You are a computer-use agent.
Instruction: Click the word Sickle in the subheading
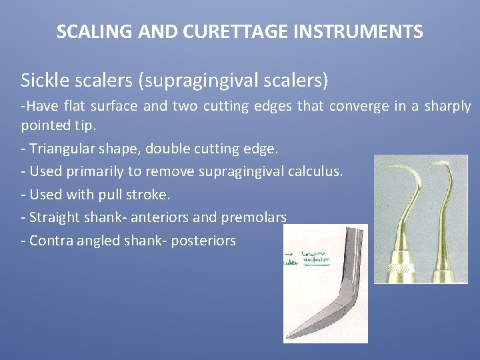point(43,81)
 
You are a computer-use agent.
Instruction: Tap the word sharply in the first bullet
point(445,107)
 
